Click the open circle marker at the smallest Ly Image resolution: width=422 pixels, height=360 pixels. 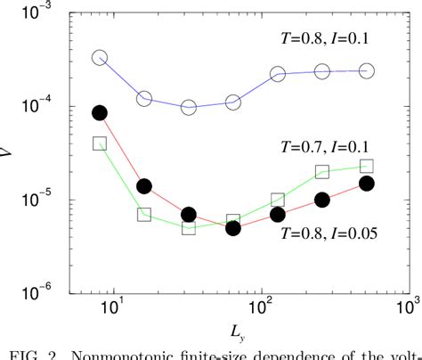click(x=100, y=58)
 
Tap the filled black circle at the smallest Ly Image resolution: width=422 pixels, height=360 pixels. click(x=100, y=112)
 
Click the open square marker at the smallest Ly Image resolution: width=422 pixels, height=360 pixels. click(x=100, y=143)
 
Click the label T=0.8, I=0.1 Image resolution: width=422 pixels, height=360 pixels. click(x=325, y=37)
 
